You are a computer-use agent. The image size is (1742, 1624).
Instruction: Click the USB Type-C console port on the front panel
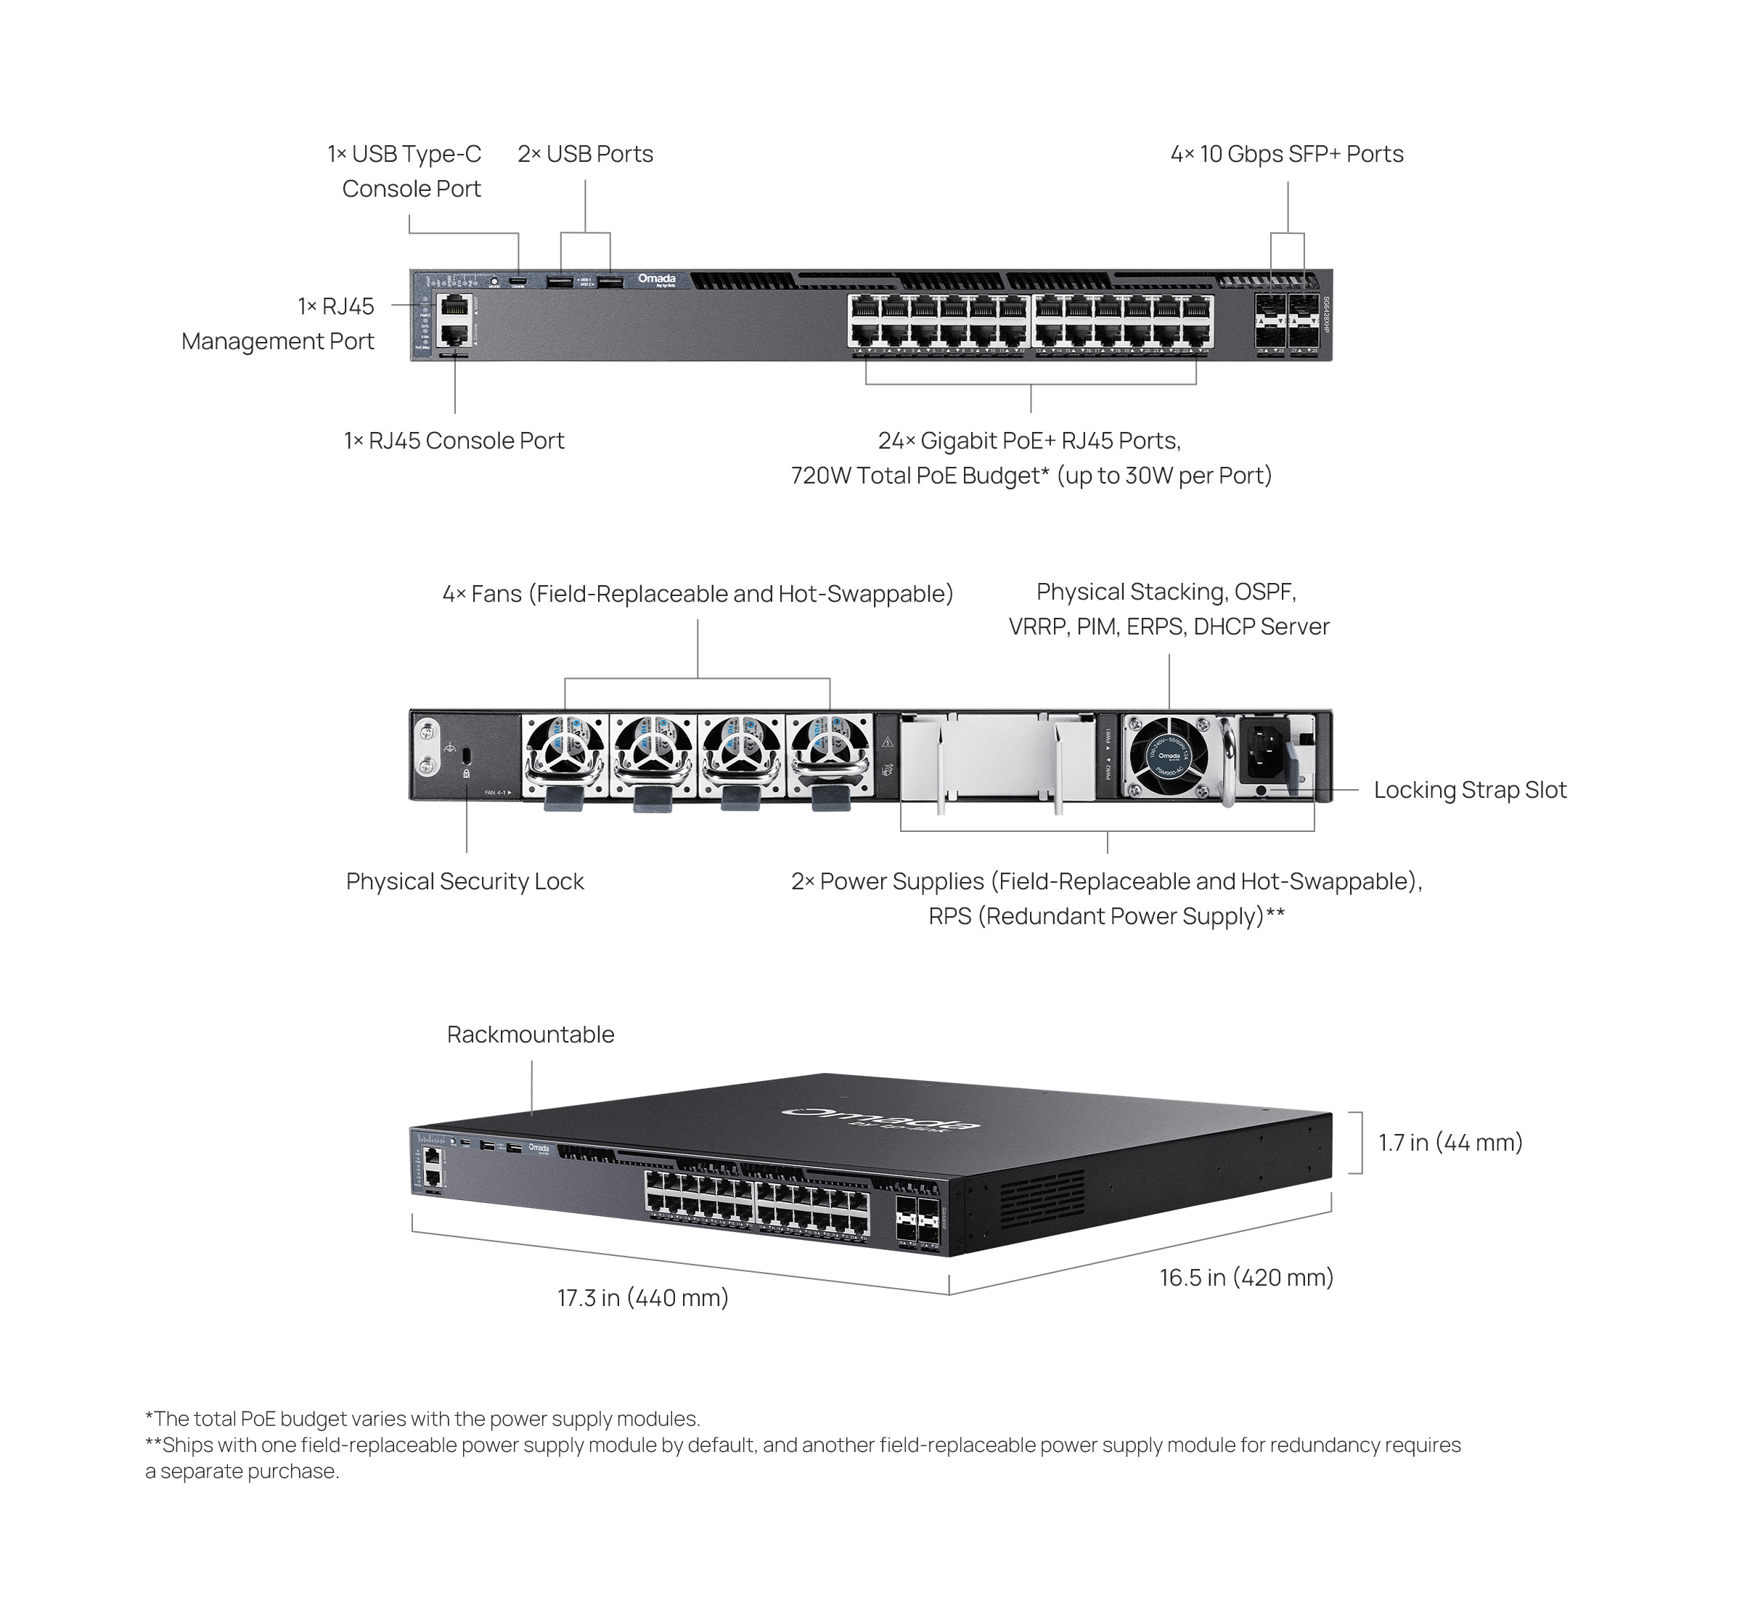[x=519, y=282]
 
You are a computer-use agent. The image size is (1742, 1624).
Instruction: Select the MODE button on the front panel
[x=494, y=282]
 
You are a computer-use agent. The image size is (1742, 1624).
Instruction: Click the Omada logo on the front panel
[x=656, y=279]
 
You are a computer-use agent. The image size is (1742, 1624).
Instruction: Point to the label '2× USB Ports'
[x=584, y=154]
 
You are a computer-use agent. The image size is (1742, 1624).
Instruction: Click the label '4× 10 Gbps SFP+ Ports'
[x=1286, y=154]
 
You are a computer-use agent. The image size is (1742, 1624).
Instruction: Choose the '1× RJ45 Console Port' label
[x=454, y=441]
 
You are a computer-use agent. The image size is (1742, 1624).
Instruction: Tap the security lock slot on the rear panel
[x=466, y=754]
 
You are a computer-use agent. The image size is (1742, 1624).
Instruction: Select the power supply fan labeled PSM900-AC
[x=1169, y=756]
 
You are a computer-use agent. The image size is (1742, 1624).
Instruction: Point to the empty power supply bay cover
[x=997, y=756]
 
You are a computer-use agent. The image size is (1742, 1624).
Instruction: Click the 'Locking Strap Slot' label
[x=1470, y=791]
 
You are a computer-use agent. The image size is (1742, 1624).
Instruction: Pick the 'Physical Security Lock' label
[x=465, y=881]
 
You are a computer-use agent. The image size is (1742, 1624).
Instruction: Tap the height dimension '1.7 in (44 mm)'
[x=1450, y=1143]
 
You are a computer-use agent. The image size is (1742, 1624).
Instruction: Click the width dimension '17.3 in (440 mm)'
[x=643, y=1298]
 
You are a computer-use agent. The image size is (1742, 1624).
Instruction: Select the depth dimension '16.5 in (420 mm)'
[x=1246, y=1278]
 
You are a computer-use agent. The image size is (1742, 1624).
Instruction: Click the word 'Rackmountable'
[x=530, y=1035]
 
